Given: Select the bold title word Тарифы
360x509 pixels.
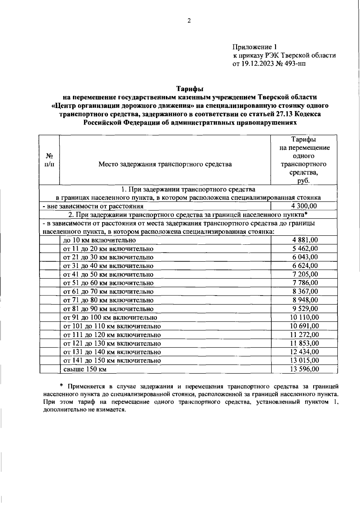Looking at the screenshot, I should [189, 89].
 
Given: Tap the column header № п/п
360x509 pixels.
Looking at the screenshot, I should [49, 160].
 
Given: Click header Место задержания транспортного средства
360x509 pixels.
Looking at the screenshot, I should [165, 164].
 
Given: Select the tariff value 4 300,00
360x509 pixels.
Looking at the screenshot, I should [304, 206].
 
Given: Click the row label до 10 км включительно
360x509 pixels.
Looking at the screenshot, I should [99, 240].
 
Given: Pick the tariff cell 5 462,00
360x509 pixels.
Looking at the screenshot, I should [305, 248].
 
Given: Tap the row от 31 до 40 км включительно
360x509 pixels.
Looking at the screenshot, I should [108, 266].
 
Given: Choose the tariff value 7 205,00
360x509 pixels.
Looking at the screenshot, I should [305, 274].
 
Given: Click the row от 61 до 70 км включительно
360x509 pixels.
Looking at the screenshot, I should [108, 292].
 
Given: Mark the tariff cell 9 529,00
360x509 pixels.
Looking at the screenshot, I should [305, 309].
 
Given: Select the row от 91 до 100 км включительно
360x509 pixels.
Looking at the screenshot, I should [110, 318].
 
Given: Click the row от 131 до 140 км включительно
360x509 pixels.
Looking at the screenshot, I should [112, 352].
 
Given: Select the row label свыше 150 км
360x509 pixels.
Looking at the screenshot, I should [85, 369].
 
